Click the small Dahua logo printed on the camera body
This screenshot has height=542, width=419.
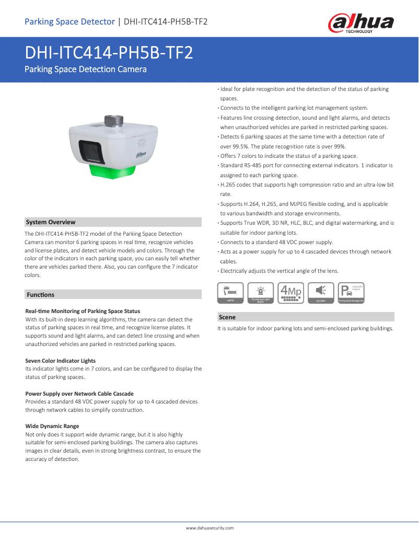pyautogui.click(x=141, y=154)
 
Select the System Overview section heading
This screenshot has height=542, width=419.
pyautogui.click(x=51, y=222)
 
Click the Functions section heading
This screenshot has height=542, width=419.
pyautogui.click(x=40, y=295)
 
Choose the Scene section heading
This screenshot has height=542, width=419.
pyautogui.click(x=227, y=317)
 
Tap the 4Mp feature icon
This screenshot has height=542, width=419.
pyautogui.click(x=291, y=293)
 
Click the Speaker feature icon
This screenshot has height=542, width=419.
pyautogui.click(x=321, y=293)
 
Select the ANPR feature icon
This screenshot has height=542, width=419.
pyautogui.click(x=230, y=293)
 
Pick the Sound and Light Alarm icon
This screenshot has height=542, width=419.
pyautogui.click(x=261, y=293)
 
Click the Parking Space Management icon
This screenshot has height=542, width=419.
pyautogui.click(x=351, y=293)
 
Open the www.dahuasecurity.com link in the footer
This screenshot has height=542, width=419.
pyautogui.click(x=210, y=528)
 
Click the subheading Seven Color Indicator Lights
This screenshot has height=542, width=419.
pyautogui.click(x=61, y=361)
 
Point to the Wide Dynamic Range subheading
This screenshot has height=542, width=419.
pyautogui.click(x=52, y=426)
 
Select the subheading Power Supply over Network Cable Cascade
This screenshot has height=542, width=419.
pyautogui.click(x=79, y=394)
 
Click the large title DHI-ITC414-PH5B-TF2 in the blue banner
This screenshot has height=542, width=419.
pyautogui.click(x=109, y=52)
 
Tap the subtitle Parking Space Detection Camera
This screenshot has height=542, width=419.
pyautogui.click(x=86, y=69)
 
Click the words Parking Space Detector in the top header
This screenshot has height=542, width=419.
pyautogui.click(x=69, y=21)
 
